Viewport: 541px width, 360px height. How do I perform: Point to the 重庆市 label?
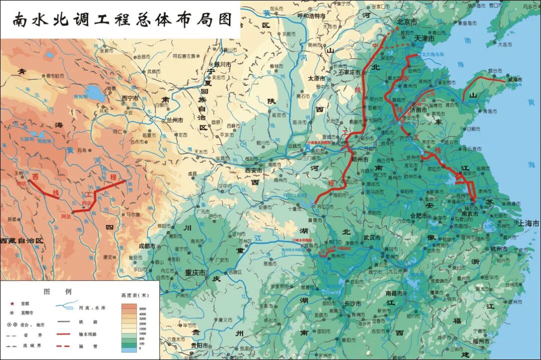195,273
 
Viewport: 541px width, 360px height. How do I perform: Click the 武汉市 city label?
373,237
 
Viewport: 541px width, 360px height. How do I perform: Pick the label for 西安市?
255,170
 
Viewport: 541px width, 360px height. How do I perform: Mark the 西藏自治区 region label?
22,241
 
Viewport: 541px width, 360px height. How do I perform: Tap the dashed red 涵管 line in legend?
63,346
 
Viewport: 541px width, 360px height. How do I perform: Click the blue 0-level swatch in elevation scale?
129,349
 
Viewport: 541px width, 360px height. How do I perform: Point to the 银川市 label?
222,65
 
